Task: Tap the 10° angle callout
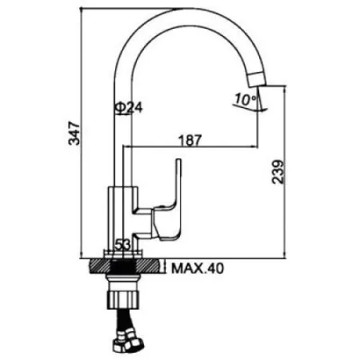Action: pos(242,100)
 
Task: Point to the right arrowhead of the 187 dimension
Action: pos(257,147)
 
